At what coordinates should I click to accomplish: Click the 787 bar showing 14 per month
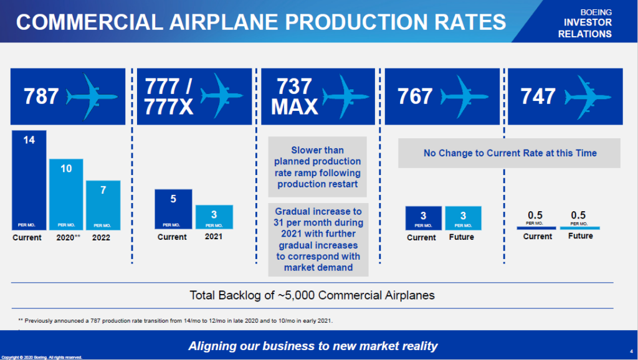[29, 181]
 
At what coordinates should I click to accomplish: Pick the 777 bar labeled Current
[173, 209]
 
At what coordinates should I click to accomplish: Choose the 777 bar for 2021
[214, 217]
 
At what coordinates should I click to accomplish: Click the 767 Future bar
[463, 218]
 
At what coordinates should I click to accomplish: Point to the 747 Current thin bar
[536, 228]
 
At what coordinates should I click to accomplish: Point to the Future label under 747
[580, 236]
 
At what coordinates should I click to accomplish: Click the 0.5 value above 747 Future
[579, 216]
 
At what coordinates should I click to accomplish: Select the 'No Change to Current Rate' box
[509, 153]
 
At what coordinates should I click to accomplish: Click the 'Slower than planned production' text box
[317, 167]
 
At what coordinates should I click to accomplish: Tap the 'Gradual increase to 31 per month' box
[318, 239]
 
